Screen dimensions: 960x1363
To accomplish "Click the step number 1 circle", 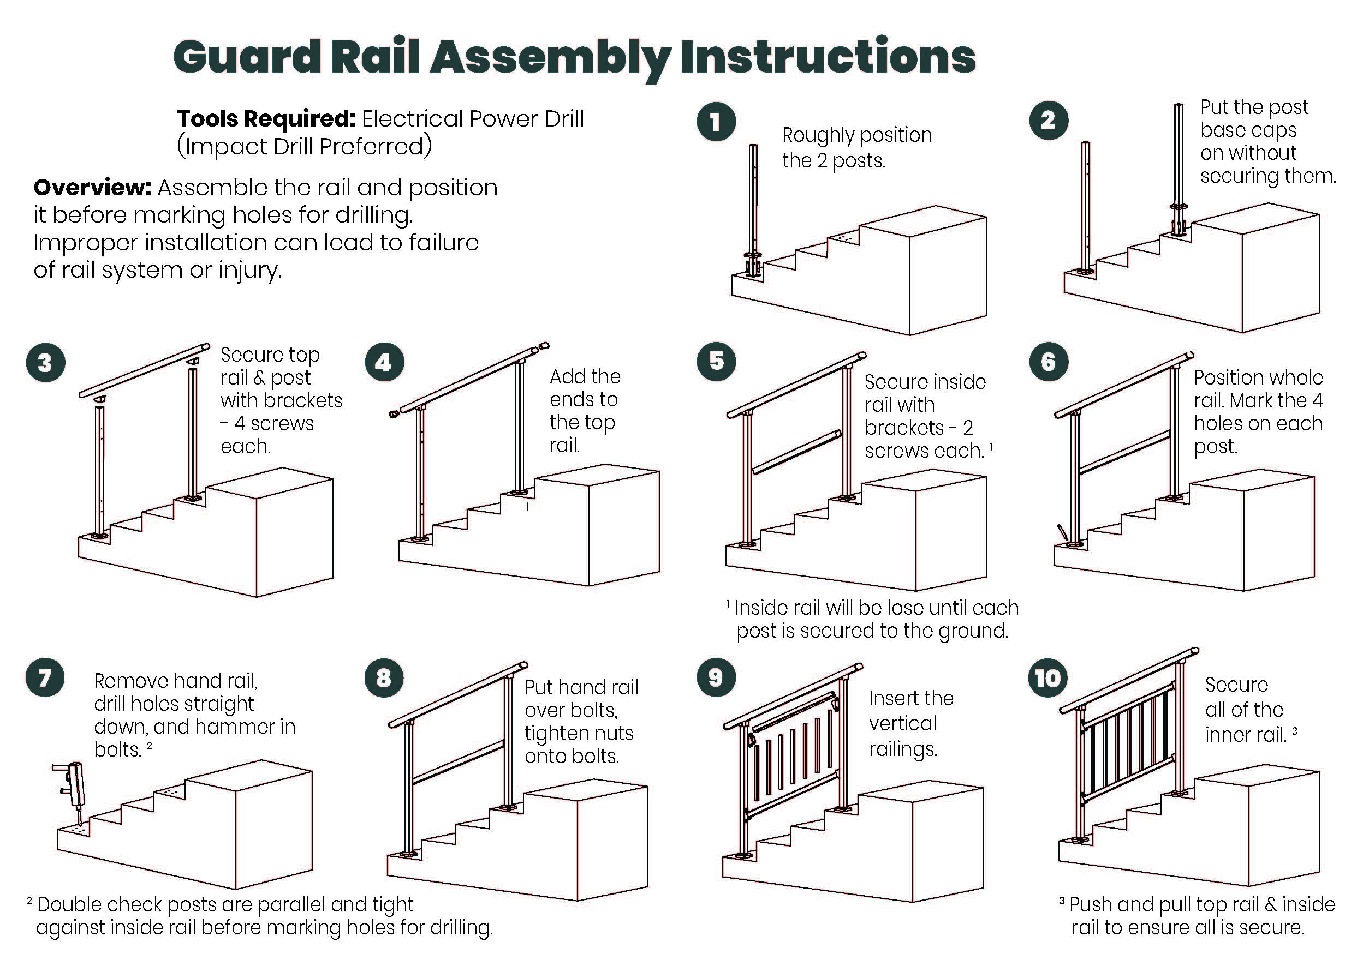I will [x=716, y=122].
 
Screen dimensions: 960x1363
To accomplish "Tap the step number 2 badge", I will [x=1049, y=121].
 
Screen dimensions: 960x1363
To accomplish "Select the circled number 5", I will [x=716, y=361].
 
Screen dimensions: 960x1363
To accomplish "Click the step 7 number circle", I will [x=45, y=677].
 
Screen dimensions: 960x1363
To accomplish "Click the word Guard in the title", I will [x=247, y=57].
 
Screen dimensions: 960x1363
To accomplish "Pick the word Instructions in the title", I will [x=828, y=57].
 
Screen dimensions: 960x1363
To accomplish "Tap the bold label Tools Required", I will [x=266, y=119].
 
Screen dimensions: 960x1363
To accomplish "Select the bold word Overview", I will [x=93, y=188].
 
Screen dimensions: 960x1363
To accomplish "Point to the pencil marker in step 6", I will [x=1062, y=533].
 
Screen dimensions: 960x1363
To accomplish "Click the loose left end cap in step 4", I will [x=393, y=413].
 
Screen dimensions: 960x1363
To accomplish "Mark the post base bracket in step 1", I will [x=753, y=266].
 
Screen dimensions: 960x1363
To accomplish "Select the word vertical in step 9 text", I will [x=902, y=724].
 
